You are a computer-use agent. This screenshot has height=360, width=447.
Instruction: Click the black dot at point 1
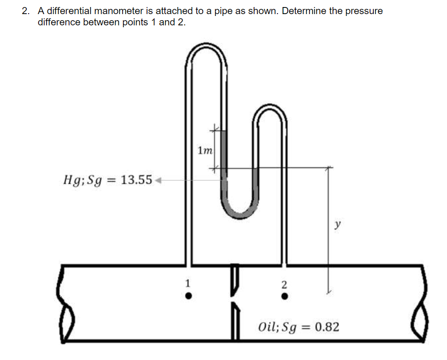pos(188,296)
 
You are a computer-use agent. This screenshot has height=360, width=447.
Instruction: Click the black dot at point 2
pos(284,297)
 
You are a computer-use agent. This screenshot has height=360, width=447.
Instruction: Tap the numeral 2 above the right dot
pos(283,284)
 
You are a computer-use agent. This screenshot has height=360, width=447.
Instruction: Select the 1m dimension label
pos(205,151)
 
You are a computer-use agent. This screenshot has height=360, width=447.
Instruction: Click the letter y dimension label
pos(337,224)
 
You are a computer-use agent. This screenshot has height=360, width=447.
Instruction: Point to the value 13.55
pos(136,180)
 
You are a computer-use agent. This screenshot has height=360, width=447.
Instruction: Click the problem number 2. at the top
pos(26,11)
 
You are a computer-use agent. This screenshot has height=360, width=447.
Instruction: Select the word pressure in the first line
pos(364,11)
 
